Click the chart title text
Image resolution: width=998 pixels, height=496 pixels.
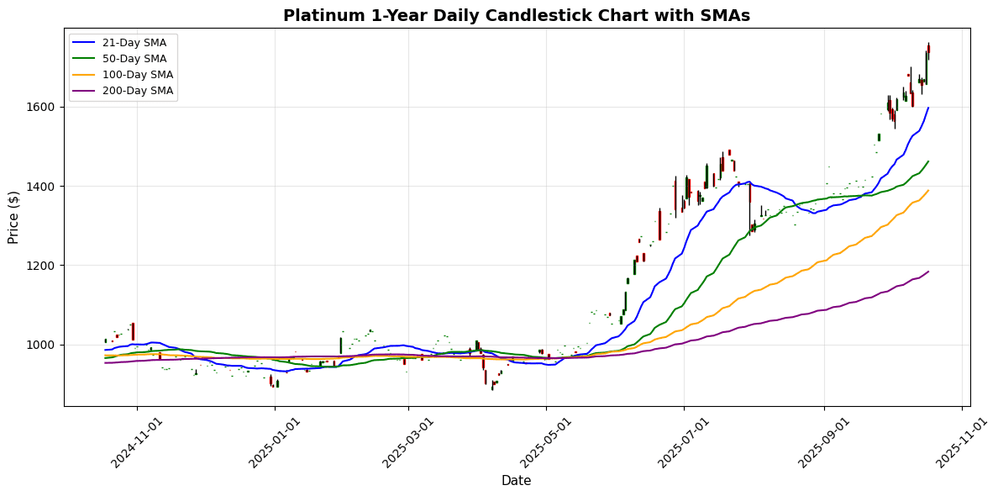(516, 15)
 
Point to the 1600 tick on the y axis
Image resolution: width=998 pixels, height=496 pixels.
(42, 107)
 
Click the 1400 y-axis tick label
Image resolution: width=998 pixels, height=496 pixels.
(42, 187)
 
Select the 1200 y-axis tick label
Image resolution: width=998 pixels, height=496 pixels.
(42, 266)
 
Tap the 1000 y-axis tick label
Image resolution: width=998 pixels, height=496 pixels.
(42, 345)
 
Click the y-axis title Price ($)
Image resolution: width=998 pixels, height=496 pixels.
(14, 217)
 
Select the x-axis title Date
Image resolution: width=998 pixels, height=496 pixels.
(516, 481)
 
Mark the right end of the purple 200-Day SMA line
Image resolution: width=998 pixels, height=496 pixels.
(928, 272)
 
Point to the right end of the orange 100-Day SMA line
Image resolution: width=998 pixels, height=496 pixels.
(928, 191)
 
